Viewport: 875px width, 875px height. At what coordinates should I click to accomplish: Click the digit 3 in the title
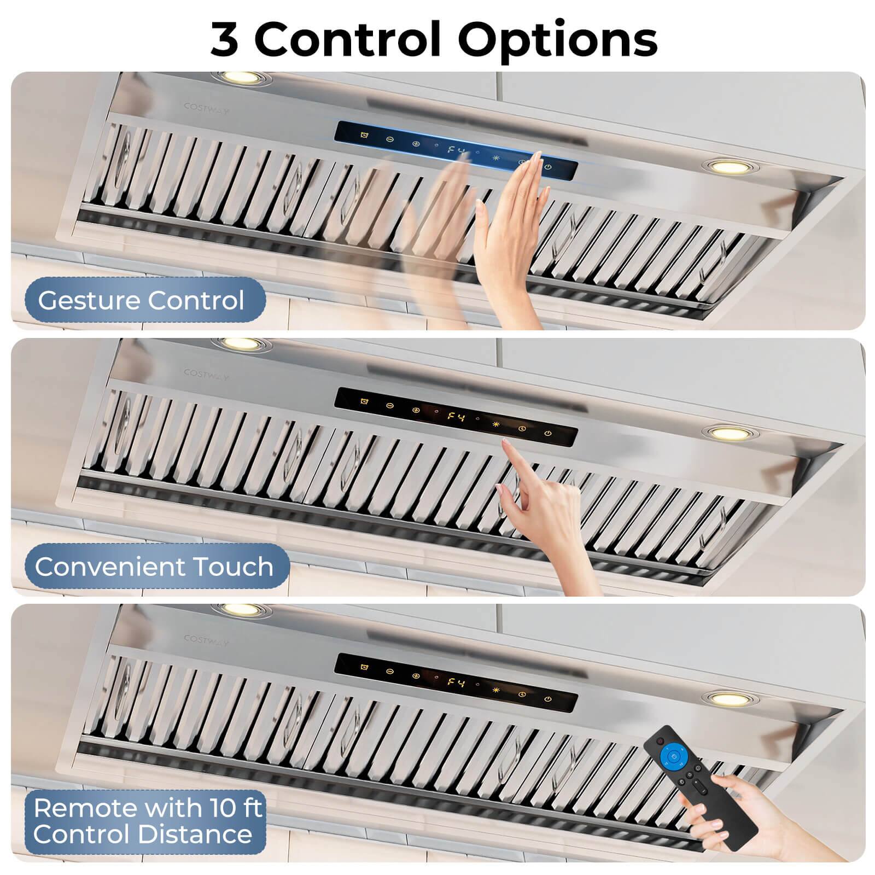pos(224,39)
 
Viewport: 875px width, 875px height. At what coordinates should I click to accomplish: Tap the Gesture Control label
pos(141,300)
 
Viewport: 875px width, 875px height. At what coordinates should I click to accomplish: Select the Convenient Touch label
pos(154,567)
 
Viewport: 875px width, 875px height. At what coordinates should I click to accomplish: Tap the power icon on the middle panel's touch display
pos(548,434)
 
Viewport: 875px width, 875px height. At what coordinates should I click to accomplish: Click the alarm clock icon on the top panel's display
pos(364,134)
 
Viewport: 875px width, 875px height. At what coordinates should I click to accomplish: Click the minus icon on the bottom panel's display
pos(390,670)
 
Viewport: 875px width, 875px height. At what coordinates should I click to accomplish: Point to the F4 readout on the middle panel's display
pos(456,417)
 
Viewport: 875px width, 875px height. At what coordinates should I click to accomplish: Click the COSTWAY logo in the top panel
pos(206,108)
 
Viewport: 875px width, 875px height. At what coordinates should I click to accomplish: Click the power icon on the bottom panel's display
pos(548,699)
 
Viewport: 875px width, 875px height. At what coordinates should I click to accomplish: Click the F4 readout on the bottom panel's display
pos(456,682)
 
